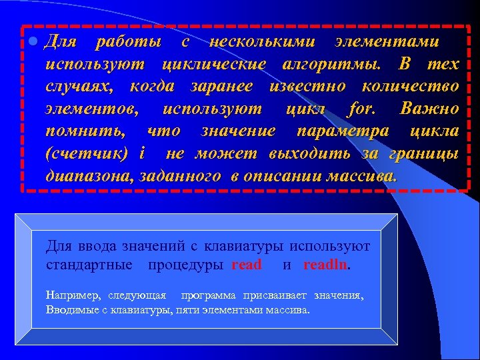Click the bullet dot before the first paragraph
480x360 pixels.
point(34,42)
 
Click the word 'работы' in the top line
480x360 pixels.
point(129,42)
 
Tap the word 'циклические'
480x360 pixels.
point(214,65)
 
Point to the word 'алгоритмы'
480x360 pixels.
point(333,65)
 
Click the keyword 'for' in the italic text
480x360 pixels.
point(361,109)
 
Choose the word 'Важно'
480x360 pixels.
point(430,109)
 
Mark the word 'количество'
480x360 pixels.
point(410,87)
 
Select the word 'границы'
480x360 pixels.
point(426,154)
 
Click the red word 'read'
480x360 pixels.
point(247,265)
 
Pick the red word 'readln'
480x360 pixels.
point(325,265)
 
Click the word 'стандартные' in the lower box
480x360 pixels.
point(89,265)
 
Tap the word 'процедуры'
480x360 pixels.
point(186,265)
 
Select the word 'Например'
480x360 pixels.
point(73,295)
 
